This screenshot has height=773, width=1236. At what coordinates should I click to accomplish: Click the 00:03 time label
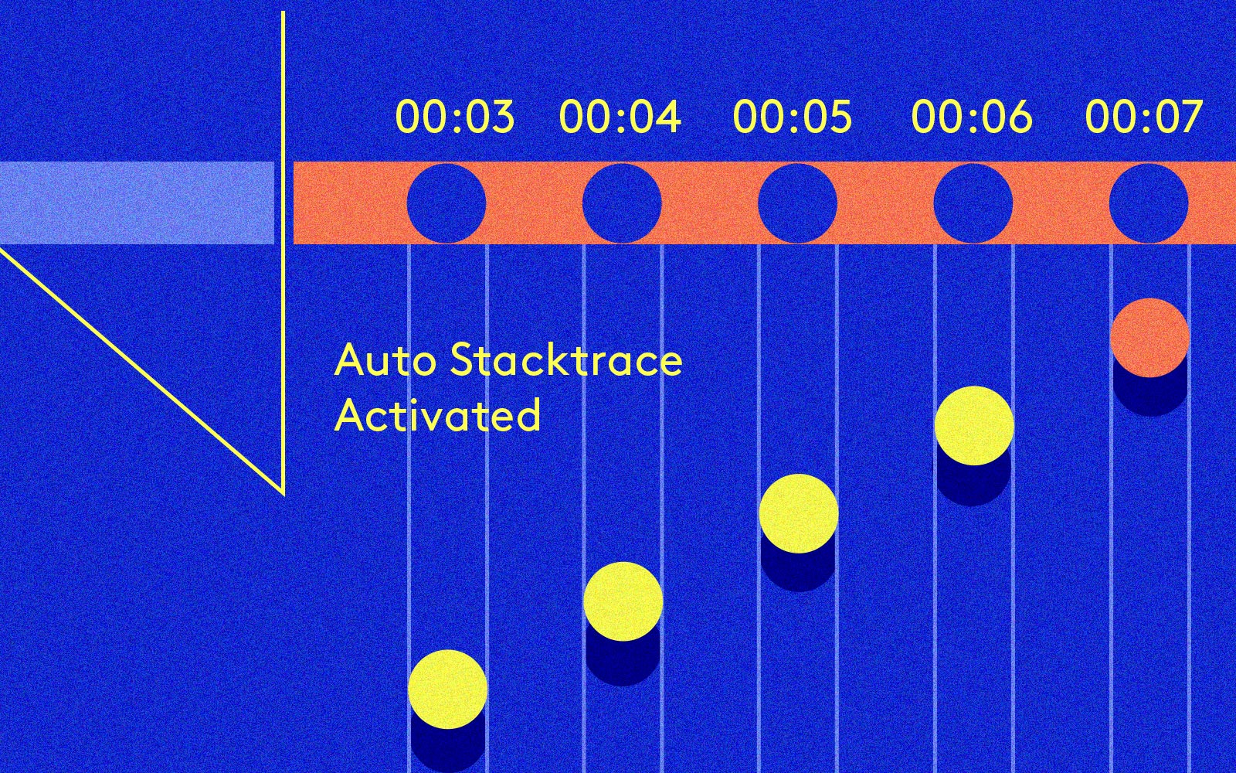454,117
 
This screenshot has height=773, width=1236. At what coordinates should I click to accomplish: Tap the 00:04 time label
620,117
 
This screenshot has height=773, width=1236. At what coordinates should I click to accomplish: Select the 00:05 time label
793,117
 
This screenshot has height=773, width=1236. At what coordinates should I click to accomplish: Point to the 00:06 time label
972,117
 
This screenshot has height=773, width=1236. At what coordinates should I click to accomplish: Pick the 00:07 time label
1144,117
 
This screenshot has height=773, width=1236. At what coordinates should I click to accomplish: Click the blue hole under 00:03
447,203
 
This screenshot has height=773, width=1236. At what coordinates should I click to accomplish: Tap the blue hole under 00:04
622,203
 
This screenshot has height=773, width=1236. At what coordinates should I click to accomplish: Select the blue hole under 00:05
797,203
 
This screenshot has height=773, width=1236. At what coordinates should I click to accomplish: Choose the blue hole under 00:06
973,203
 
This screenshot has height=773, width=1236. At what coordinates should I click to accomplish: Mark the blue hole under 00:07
1149,203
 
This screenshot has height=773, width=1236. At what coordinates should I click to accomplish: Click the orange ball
1149,338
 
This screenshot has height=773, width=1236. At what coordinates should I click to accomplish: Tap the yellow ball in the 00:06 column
974,426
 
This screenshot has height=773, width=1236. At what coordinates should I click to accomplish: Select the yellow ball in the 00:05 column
799,513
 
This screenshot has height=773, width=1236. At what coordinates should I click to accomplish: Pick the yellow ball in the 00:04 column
623,601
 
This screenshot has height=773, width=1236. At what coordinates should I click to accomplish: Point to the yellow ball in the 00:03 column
448,689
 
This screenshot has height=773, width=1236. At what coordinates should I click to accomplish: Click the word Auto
384,361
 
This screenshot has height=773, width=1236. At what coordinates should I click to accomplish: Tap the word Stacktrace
566,361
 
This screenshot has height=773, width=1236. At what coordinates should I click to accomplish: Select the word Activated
437,416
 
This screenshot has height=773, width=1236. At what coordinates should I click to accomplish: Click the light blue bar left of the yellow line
137,203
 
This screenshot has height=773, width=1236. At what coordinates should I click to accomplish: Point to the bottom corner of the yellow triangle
282,492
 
